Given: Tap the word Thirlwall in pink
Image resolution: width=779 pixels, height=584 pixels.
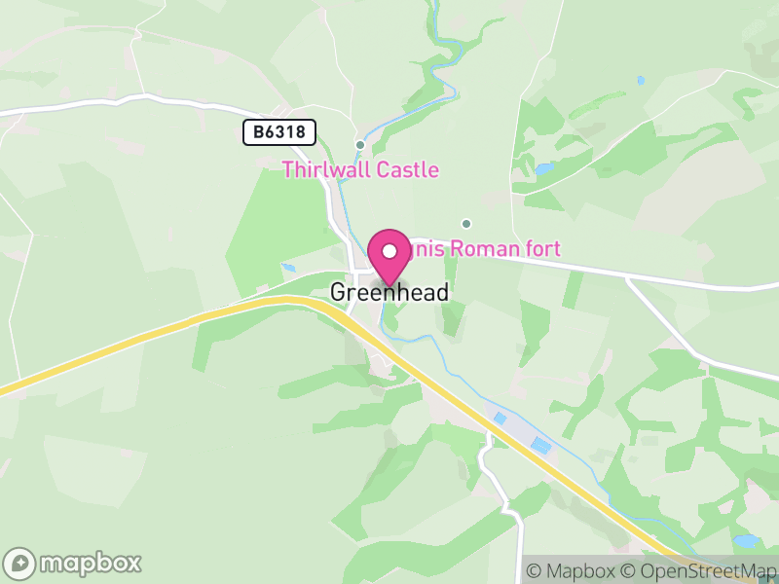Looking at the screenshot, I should (320, 170).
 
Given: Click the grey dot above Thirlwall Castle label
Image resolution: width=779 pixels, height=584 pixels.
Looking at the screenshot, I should (360, 145).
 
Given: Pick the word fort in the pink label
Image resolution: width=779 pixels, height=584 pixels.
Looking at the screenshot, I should (541, 249).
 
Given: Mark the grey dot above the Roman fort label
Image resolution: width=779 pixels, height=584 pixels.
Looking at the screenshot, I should (466, 223).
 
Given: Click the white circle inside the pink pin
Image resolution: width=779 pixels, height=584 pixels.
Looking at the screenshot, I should (389, 250).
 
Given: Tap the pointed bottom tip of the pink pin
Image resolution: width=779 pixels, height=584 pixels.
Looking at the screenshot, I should (389, 286).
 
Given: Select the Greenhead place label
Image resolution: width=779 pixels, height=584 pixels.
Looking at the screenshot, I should (389, 293).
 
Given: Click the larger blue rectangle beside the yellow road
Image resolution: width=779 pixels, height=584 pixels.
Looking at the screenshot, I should (539, 445).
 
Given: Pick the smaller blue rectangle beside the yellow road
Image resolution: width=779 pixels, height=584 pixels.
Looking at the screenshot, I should (500, 419).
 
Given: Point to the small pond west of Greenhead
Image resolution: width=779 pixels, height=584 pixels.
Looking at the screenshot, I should (289, 267).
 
